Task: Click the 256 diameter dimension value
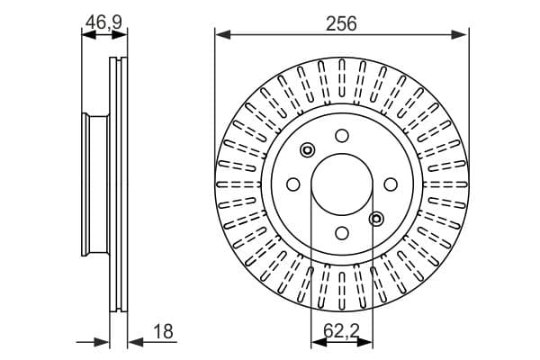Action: [x=341, y=23]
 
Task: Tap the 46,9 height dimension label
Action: [x=104, y=22]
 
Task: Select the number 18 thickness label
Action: [x=163, y=332]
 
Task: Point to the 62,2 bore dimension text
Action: [x=341, y=332]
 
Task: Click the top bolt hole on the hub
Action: [x=342, y=136]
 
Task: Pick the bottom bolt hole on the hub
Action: [x=342, y=233]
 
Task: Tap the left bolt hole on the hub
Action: [x=293, y=184]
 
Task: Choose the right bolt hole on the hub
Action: [x=391, y=184]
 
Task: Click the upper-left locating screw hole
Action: [x=307, y=150]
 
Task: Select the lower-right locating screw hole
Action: [x=376, y=219]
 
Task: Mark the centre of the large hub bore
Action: [x=342, y=184]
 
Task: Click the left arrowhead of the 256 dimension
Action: [x=223, y=34]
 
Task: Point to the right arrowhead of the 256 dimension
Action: [x=459, y=34]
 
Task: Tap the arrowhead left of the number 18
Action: [x=135, y=342]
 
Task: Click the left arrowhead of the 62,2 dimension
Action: [x=319, y=342]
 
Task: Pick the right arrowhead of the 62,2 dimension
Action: [x=364, y=342]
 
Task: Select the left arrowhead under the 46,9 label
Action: [x=89, y=34]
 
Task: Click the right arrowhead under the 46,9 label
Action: [x=120, y=34]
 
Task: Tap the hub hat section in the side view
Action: [x=95, y=184]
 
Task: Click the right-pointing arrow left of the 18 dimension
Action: [x=93, y=342]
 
